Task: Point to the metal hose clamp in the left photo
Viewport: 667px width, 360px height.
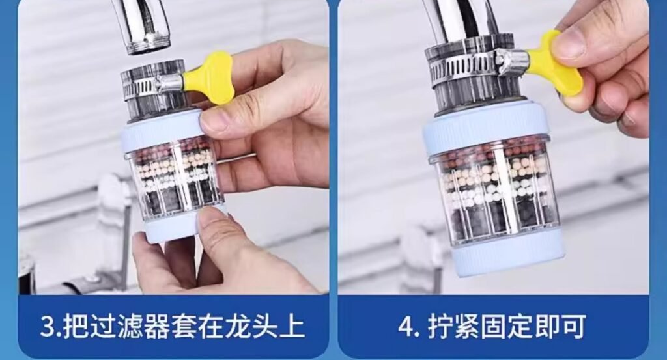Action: click(x=153, y=85)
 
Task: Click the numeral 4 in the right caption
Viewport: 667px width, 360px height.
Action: click(x=406, y=326)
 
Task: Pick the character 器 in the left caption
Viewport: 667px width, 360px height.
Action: click(x=157, y=326)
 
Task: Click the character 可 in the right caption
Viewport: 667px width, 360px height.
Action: click(x=573, y=326)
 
